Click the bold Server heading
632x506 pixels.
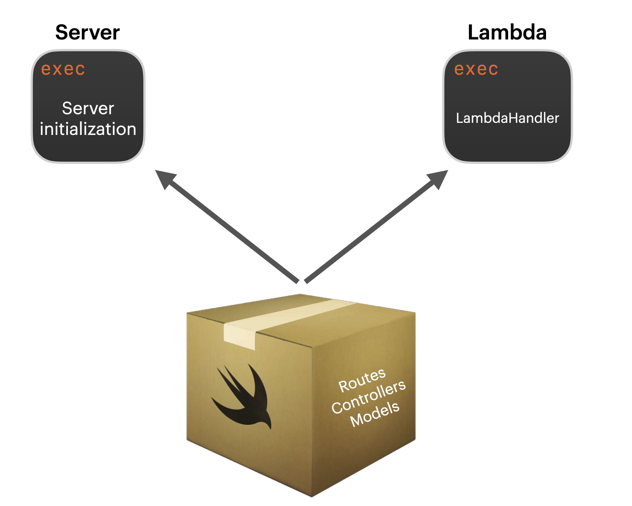tap(88, 32)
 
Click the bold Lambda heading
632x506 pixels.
tap(507, 32)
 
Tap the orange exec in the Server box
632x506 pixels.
tap(63, 69)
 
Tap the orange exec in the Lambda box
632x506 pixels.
tap(476, 69)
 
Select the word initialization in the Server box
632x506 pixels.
tap(88, 129)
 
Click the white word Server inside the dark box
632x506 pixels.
tap(88, 108)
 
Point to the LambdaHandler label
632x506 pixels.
tap(507, 118)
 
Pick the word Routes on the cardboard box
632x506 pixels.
tap(362, 380)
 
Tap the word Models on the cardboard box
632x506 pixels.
tap(375, 414)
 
